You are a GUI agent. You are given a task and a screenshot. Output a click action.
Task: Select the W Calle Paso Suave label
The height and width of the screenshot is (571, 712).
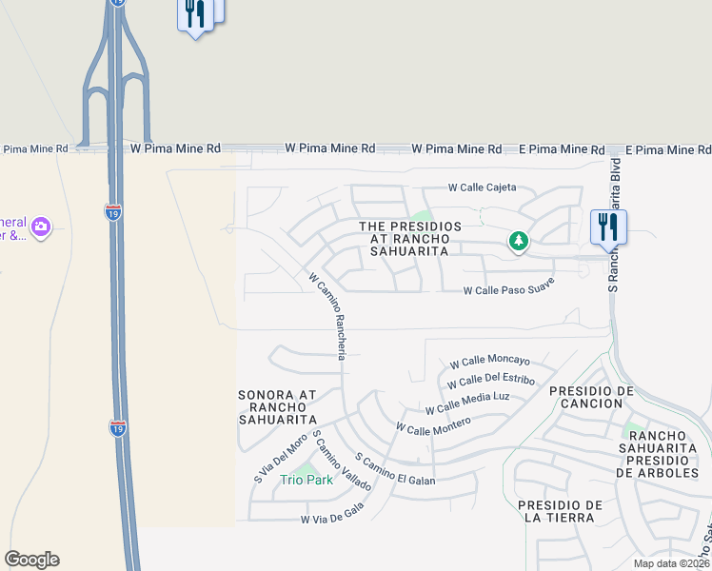(x=507, y=291)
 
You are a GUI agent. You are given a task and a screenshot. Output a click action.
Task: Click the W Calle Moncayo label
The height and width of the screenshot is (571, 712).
(x=489, y=363)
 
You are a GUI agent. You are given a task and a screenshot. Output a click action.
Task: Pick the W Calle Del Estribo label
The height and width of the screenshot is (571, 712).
(x=490, y=384)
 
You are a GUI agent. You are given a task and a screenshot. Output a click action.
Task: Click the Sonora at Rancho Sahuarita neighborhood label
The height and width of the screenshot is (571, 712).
(x=277, y=406)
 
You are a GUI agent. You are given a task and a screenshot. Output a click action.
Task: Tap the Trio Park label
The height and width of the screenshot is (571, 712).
(x=307, y=480)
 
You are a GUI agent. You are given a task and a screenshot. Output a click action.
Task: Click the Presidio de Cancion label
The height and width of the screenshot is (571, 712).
(x=591, y=399)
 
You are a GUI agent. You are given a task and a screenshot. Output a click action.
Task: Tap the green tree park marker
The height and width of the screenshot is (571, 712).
(x=518, y=241)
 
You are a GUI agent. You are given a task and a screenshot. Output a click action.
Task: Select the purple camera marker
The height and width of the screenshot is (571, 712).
(x=40, y=226)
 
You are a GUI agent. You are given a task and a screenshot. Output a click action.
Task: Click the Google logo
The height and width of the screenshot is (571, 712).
(x=31, y=560)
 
